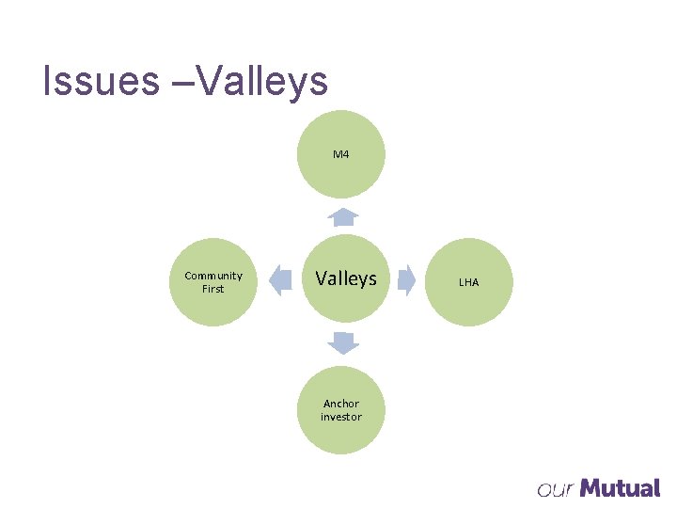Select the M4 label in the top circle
pos(340,153)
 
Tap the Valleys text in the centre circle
pos(345,278)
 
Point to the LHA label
pos(468,282)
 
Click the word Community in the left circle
pos(213,276)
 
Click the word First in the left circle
pos(213,289)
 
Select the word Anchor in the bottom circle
pos(340,404)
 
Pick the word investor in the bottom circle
pos(340,417)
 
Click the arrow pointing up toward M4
pos(344,218)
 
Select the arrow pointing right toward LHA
pos(406,279)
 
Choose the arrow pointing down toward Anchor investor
pos(344,343)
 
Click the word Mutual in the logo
pos(620,488)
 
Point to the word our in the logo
pos(554,490)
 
